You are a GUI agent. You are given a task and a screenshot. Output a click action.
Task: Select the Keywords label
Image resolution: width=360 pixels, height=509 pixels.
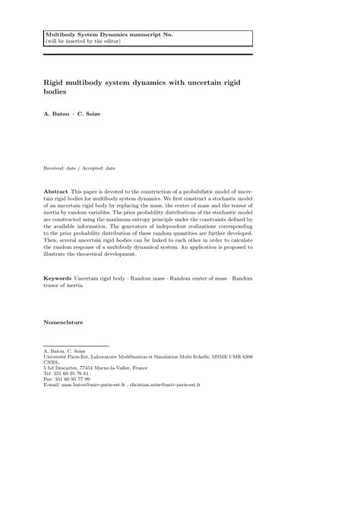point(58,279)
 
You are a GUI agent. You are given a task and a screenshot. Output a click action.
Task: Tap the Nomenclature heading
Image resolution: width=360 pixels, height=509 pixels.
point(64,322)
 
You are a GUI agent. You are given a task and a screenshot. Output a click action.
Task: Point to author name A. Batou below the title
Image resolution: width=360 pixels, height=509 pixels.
point(57,114)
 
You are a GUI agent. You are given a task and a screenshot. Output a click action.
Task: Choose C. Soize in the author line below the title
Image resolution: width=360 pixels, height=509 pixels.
point(93,114)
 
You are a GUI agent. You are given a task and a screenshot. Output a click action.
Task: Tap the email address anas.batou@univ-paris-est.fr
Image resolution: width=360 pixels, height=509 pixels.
point(92,385)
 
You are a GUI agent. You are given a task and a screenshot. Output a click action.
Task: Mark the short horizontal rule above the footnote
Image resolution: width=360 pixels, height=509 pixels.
point(77,346)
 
